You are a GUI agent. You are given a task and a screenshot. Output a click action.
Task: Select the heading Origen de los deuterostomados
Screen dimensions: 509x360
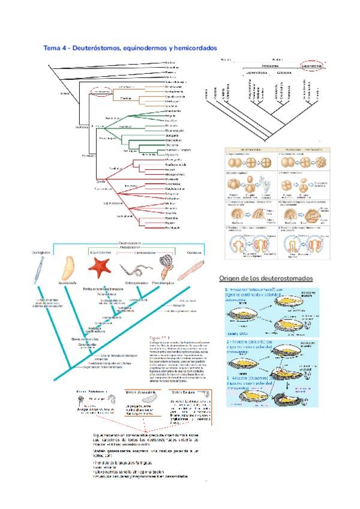[x=266, y=279]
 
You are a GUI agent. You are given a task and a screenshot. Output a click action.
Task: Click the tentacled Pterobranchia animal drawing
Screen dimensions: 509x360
[x=166, y=267]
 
